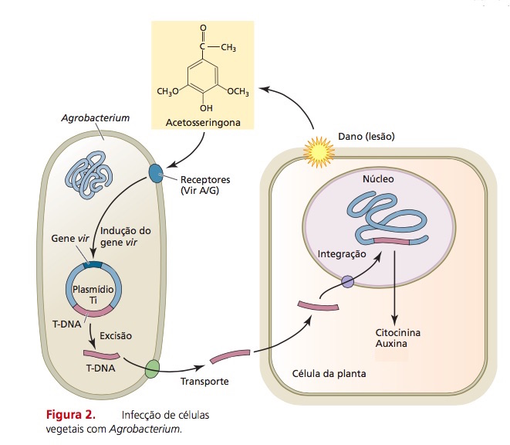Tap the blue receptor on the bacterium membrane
coord(157,174)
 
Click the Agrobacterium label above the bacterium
coord(95,119)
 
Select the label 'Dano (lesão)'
coord(366,136)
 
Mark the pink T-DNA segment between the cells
coord(230,358)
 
